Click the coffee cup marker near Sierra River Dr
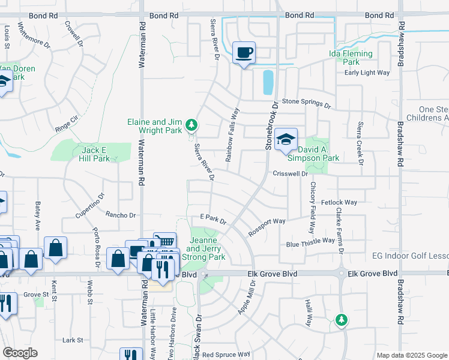(x=244, y=53)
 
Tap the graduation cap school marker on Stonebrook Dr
(x=286, y=140)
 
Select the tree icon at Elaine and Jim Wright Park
(x=191, y=125)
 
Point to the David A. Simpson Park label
(x=313, y=153)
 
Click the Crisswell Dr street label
(x=290, y=173)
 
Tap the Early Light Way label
(x=367, y=73)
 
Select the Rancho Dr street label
(x=121, y=215)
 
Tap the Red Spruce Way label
(x=226, y=355)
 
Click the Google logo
(x=20, y=353)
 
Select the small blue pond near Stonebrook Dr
(x=268, y=83)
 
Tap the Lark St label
(x=72, y=340)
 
